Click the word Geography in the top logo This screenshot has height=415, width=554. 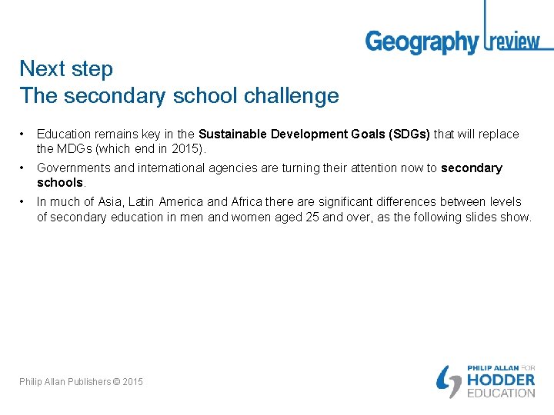[421, 41]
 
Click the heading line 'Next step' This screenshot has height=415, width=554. [66, 68]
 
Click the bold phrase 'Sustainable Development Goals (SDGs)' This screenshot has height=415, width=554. [314, 134]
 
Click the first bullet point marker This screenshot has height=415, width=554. [23, 134]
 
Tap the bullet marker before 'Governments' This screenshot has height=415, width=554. [23, 168]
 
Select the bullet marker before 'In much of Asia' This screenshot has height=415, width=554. [23, 202]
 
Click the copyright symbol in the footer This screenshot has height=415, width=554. [116, 382]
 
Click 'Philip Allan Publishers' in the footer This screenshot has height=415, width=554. [65, 382]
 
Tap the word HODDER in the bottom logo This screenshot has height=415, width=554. [501, 380]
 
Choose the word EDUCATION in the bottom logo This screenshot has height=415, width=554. [501, 393]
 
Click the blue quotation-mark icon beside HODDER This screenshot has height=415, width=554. [449, 381]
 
